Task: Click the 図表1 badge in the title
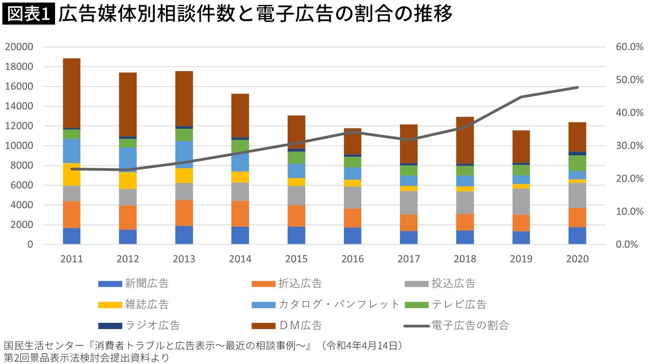[x=28, y=15]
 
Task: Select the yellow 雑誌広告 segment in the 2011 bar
[x=72, y=174]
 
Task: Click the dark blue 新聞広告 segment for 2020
[x=577, y=236]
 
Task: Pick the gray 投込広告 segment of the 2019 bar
[x=521, y=202]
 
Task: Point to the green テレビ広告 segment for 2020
[x=577, y=163]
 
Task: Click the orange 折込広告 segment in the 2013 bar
[x=184, y=213]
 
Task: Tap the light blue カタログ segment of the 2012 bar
[x=128, y=160]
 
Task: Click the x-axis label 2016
[x=353, y=259]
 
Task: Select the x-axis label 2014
[x=240, y=259]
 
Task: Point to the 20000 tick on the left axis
[x=19, y=47]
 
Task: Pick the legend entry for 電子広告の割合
[x=470, y=325]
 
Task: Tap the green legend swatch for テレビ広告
[x=416, y=305]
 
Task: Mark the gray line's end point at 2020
[x=577, y=87]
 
